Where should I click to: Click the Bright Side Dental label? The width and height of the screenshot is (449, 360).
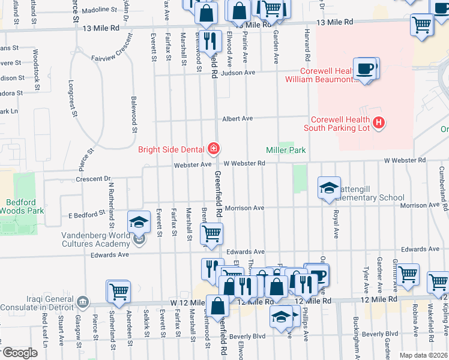coord(172,149)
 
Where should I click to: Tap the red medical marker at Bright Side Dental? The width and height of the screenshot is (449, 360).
coord(212,148)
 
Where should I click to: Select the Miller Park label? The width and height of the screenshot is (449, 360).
coord(286,150)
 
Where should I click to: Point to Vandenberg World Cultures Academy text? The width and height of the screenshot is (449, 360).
coord(96,239)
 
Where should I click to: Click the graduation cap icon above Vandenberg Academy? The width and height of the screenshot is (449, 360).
coord(139,223)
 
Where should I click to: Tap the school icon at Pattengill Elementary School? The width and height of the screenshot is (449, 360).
coord(329,188)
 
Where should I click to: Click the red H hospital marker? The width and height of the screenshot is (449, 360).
coord(378,123)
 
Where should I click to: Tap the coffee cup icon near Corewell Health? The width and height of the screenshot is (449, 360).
coord(364,69)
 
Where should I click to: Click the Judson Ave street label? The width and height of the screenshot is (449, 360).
coord(238,73)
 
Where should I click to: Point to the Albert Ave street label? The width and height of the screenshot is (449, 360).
coord(237,119)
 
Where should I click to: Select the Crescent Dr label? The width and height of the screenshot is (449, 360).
coord(94,179)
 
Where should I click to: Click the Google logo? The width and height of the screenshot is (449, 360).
coord(20,353)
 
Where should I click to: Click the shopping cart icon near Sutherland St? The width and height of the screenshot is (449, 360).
coord(118,292)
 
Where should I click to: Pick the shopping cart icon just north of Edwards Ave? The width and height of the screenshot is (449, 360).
coord(211,234)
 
